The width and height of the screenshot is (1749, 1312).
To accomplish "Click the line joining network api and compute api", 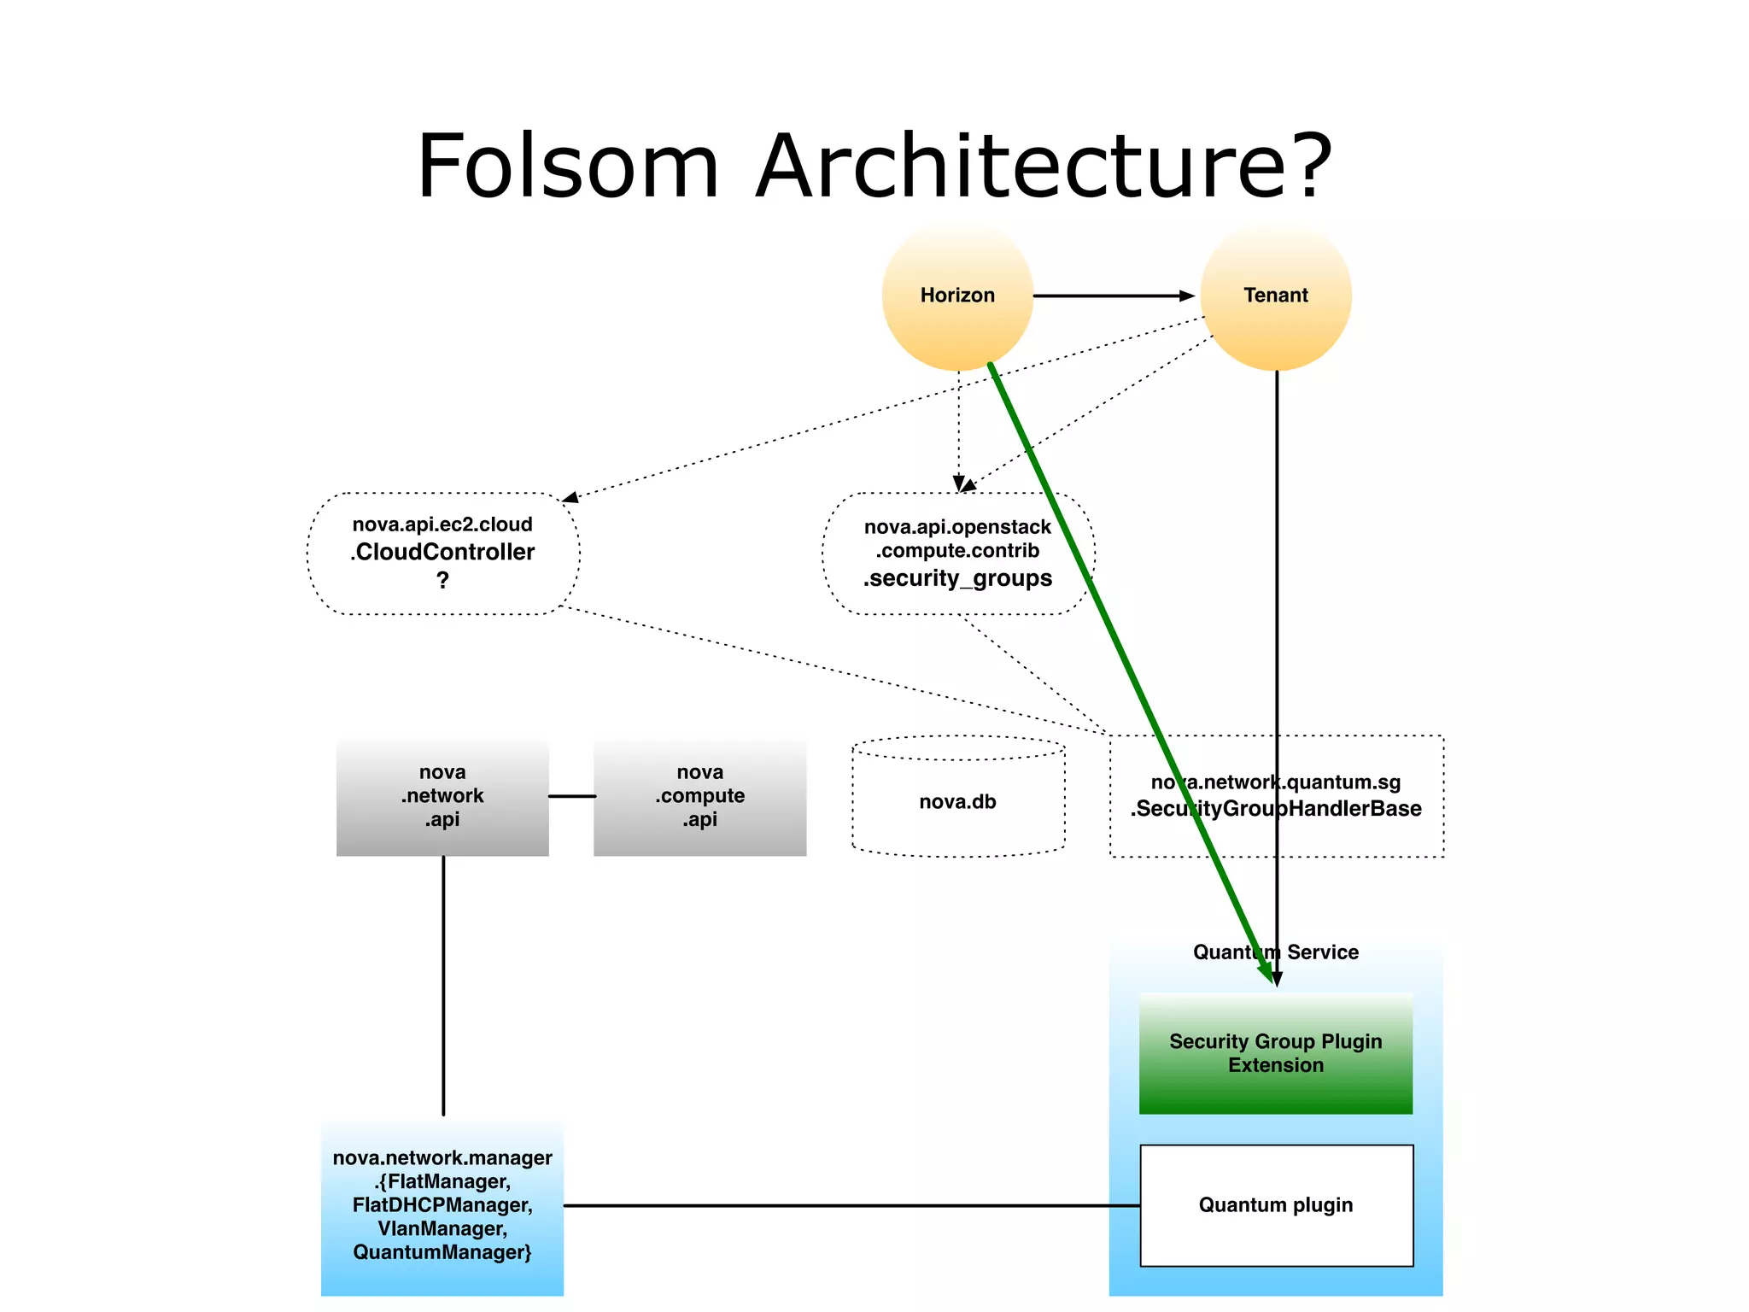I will tap(571, 796).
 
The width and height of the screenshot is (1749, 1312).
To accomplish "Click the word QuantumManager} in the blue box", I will tap(442, 1252).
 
